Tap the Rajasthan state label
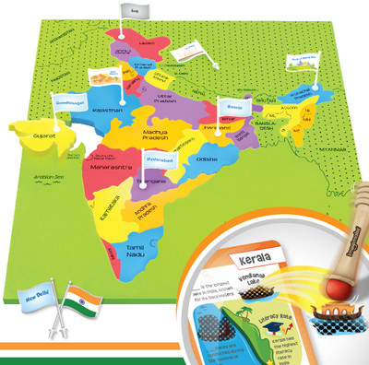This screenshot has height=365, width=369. [109, 110]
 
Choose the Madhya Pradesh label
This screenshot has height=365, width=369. [158, 136]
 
